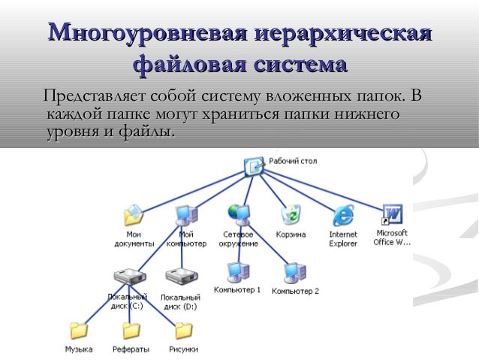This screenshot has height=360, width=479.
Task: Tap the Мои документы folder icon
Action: coord(134,215)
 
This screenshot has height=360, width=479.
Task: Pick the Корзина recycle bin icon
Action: coord(290,215)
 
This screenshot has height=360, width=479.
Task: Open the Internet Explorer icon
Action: coord(343,216)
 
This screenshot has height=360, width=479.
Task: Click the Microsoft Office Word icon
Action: coord(393,214)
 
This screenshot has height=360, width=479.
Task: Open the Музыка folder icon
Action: coord(79,330)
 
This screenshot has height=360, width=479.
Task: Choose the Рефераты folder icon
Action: coord(131,330)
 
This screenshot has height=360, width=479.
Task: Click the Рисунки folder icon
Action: coord(183,330)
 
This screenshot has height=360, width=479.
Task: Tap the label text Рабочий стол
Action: coord(293,160)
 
